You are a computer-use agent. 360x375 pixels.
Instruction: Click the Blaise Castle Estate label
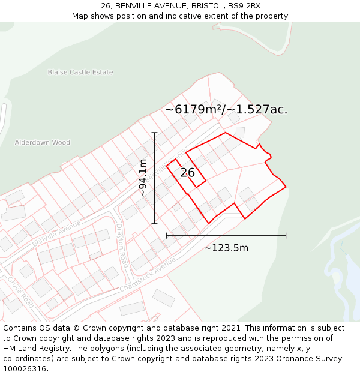pos(80,73)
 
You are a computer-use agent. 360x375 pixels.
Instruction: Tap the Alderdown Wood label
pos(43,143)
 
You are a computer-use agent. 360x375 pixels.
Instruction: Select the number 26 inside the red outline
pos(187,173)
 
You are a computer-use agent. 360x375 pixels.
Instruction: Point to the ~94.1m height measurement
pos(143,178)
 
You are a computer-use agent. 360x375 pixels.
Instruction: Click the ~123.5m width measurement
pos(226,248)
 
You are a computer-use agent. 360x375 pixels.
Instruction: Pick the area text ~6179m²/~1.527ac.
pos(226,109)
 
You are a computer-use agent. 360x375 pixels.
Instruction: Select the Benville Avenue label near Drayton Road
pos(56,233)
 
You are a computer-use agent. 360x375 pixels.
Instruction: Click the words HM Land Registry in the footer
pos(33,349)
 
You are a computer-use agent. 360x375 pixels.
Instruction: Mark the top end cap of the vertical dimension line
pos(155,133)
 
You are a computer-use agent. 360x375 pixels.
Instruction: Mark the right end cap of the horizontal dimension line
pos(286,235)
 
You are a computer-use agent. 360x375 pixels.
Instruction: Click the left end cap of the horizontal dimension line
pos(167,235)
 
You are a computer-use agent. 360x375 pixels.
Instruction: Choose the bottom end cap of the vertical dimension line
pos(155,223)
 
